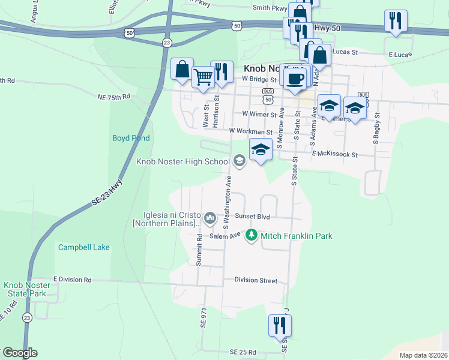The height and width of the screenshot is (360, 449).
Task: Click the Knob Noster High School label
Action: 183,161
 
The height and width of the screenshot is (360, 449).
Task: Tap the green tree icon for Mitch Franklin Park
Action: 252,236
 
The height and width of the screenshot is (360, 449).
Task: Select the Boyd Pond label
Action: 131,138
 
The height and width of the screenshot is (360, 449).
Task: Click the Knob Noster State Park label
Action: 25,289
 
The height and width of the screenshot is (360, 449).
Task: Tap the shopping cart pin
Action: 203,77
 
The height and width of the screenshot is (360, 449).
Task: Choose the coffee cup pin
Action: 294,79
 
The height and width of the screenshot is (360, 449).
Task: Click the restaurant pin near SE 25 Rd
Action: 280,325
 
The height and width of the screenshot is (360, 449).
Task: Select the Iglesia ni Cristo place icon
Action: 209,217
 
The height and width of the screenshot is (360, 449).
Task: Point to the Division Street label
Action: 256,280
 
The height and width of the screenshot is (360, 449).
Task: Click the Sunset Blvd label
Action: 252,216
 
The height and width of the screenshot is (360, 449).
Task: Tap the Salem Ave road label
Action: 224,236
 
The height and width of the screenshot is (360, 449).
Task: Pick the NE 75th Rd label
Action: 113,96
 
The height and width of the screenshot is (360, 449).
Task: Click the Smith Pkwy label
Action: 270,8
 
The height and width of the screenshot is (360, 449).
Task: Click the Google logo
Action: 20,353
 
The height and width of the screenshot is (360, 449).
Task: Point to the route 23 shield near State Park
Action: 26,318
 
